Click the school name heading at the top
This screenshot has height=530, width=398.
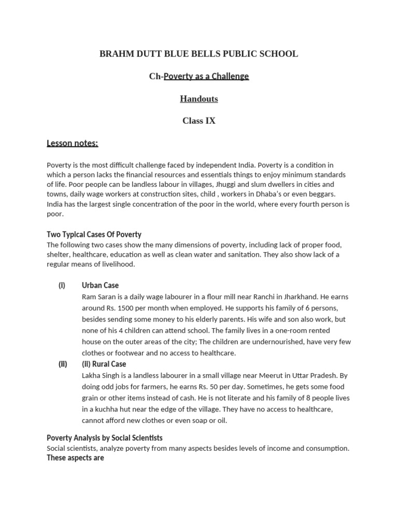(x=198, y=54)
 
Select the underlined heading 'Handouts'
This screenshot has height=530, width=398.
(x=198, y=98)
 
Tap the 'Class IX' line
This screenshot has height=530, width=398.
(x=198, y=121)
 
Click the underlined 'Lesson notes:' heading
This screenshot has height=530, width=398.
(x=72, y=143)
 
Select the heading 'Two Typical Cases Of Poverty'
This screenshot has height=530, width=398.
(x=94, y=234)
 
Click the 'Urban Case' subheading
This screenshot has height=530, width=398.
(x=100, y=285)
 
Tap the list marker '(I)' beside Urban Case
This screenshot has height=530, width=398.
(x=62, y=285)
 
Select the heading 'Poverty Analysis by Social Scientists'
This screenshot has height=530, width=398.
(x=105, y=438)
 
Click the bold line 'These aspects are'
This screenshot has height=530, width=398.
(x=75, y=458)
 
